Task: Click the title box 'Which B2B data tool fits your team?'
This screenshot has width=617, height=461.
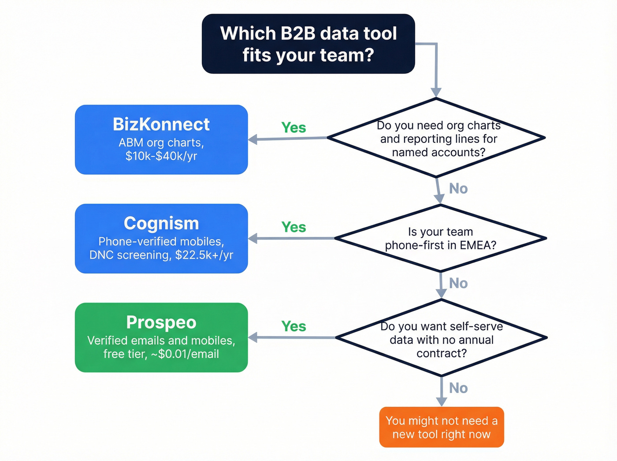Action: [x=308, y=44]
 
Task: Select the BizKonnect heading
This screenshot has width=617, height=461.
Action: [x=161, y=124]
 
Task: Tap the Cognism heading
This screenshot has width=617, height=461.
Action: [x=161, y=223]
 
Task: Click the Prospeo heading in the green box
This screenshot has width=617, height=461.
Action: [x=161, y=322]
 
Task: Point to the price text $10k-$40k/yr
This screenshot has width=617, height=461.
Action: [x=161, y=156]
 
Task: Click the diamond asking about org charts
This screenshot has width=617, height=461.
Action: [x=436, y=139]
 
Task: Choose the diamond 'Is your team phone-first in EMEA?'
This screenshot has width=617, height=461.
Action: [x=440, y=238]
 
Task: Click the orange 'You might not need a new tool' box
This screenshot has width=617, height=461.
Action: [x=441, y=427]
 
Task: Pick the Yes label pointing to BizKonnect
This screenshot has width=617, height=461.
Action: [x=294, y=128]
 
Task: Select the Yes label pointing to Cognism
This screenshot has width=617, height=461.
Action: [x=294, y=227]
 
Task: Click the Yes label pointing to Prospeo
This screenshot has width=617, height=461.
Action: [x=294, y=326]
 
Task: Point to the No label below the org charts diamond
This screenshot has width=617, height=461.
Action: [x=458, y=189]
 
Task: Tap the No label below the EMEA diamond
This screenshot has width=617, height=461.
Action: [x=458, y=283]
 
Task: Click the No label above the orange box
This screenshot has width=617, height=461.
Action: [x=458, y=388]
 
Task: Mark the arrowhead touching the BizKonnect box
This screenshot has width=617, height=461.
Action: [x=253, y=140]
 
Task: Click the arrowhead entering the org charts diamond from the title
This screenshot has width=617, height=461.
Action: [x=436, y=92]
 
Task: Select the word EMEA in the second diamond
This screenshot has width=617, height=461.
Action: [x=478, y=245]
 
